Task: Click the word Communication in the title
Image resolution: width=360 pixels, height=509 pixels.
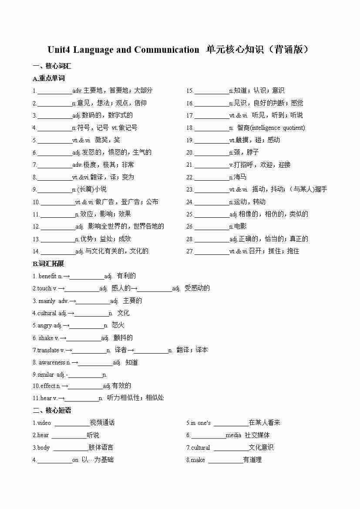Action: (x=167, y=50)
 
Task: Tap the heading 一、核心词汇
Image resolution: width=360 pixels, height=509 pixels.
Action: (x=52, y=66)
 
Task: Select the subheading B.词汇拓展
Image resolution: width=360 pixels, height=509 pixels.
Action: (x=48, y=263)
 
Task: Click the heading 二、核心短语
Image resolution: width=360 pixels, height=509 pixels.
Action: (x=52, y=410)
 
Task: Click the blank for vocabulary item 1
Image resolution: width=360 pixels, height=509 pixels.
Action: (x=55, y=91)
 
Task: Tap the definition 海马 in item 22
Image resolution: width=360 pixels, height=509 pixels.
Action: (x=240, y=177)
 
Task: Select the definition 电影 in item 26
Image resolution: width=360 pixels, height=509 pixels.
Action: (x=240, y=226)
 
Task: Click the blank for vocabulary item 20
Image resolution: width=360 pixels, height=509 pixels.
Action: (x=212, y=152)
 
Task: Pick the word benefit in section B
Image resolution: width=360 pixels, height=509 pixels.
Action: (x=47, y=276)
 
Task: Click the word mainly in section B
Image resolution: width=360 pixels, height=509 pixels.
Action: (x=47, y=301)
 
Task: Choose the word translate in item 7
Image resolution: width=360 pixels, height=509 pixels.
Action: (x=48, y=350)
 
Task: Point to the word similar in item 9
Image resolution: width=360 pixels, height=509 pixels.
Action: (x=46, y=374)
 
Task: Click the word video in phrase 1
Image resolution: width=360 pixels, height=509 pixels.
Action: (x=44, y=423)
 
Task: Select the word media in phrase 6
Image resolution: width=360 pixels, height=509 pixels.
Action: (x=233, y=435)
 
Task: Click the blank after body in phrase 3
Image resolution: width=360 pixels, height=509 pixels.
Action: (x=70, y=448)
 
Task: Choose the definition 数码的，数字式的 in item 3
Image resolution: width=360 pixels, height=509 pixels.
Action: (x=108, y=115)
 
